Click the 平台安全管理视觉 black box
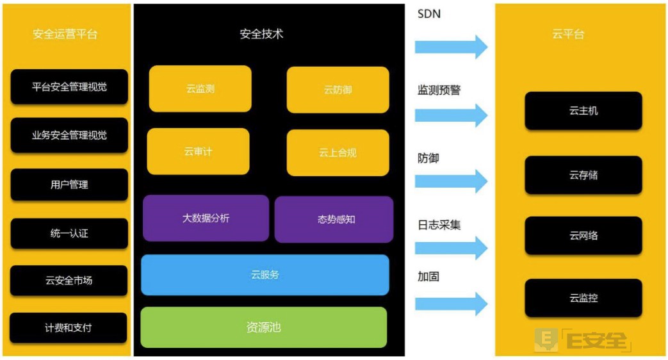pos(69,86)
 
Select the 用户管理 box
pos(69,184)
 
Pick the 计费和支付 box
pos(69,327)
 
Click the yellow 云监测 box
pos(200,89)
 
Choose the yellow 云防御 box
pos(338,90)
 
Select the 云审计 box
pos(198,152)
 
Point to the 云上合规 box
pos(338,152)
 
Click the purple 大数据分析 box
pos(206,218)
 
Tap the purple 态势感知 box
pos(334,219)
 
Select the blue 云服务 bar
pos(265,275)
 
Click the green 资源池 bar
pos(264,327)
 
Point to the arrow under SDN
pos(451,47)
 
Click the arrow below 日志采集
pos(451,248)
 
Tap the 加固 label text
pos(428,277)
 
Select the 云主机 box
pos(583,111)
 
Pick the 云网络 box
pos(583,236)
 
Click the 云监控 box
pos(583,298)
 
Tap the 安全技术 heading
pos(261,35)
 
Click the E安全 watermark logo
pos(583,340)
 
